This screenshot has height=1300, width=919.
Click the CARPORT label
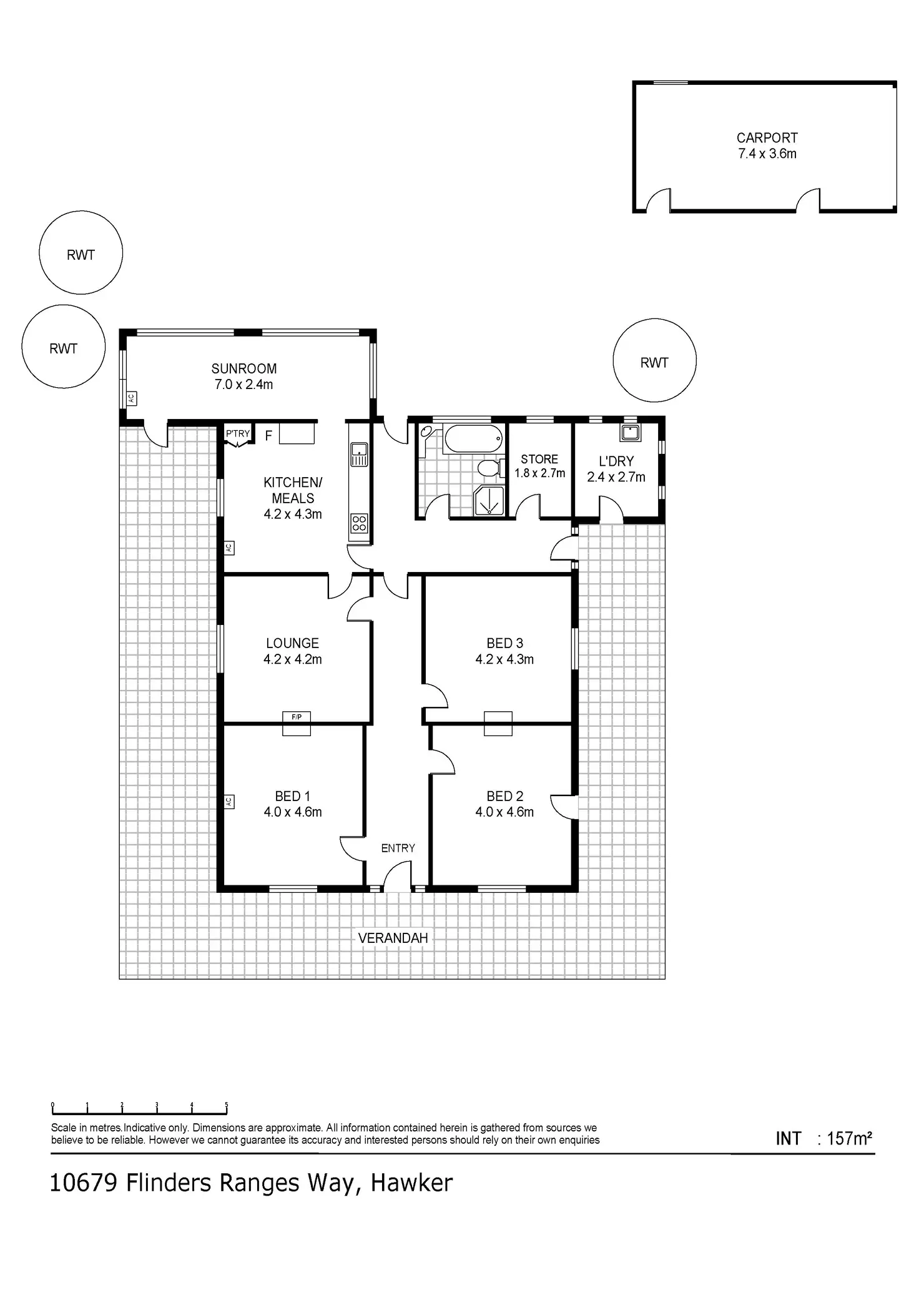click(x=767, y=138)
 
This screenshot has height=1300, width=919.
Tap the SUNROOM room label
click(x=244, y=368)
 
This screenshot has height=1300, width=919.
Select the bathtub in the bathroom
click(x=473, y=439)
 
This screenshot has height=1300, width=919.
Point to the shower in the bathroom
click(x=489, y=501)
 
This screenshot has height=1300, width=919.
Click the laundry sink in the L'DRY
click(x=631, y=432)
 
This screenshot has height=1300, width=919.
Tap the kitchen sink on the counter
click(x=359, y=454)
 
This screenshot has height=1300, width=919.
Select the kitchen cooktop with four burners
click(x=359, y=523)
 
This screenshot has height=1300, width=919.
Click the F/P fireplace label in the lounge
click(x=297, y=717)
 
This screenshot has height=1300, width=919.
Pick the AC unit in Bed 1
click(x=229, y=802)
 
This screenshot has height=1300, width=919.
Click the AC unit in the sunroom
click(x=131, y=398)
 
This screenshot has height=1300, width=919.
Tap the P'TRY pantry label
click(x=238, y=433)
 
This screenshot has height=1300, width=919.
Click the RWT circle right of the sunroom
click(x=654, y=361)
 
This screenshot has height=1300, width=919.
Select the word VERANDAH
click(x=393, y=938)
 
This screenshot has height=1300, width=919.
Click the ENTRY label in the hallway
click(x=398, y=848)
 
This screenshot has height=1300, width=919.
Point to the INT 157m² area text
click(x=823, y=1138)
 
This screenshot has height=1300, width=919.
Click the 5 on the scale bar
click(x=227, y=1105)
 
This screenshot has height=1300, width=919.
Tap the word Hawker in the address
click(x=411, y=1183)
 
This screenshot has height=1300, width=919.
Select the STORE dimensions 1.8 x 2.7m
click(x=539, y=473)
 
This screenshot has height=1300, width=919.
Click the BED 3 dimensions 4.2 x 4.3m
click(x=504, y=659)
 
